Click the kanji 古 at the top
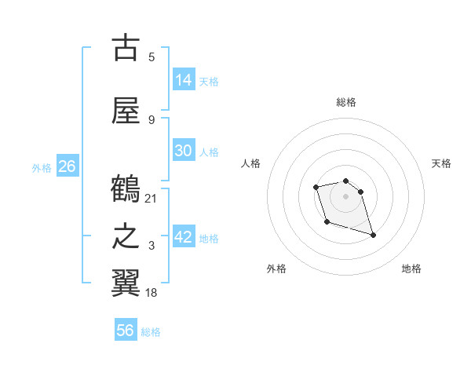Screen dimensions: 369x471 (x=126, y=48)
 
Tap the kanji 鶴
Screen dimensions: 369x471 (x=126, y=190)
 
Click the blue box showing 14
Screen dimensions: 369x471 (x=184, y=80)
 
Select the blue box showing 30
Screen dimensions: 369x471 (x=184, y=151)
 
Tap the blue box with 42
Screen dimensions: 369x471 (x=184, y=237)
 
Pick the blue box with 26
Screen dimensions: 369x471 (x=67, y=166)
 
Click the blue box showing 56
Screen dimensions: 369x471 (x=126, y=331)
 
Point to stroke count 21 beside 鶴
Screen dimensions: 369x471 (x=152, y=198)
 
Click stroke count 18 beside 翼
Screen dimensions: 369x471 (x=152, y=293)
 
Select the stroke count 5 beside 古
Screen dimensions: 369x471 (x=152, y=57)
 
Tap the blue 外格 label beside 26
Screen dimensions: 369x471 (x=42, y=167)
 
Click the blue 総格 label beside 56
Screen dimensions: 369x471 (x=151, y=332)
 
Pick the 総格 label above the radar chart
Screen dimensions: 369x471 (x=346, y=102)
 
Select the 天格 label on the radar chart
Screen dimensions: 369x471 (x=441, y=163)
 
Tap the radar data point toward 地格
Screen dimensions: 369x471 (x=373, y=235)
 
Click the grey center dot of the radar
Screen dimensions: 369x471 (x=346, y=196)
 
